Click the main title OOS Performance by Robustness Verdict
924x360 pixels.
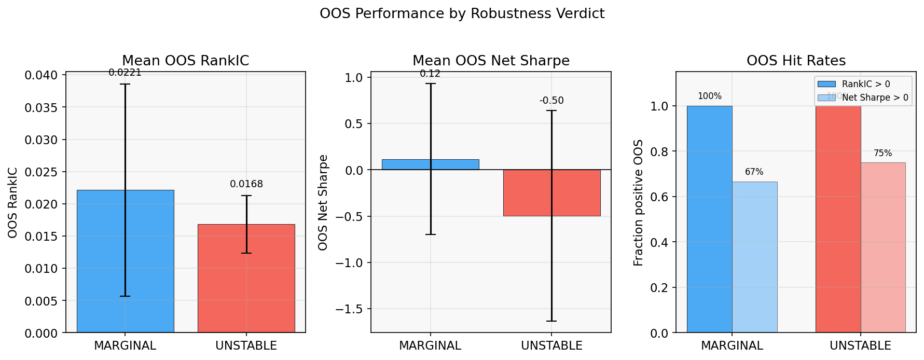point(462,13)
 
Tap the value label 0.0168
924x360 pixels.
point(246,184)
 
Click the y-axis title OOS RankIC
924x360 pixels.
point(13,203)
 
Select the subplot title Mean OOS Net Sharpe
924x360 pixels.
point(491,61)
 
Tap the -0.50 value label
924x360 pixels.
point(551,101)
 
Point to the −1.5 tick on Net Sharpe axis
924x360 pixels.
point(350,309)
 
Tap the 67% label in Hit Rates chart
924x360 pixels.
point(754,172)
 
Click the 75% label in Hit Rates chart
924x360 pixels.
point(882,154)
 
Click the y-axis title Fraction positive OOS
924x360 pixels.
point(639,203)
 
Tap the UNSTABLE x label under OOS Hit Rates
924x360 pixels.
point(860,346)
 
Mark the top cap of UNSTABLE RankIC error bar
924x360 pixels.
point(246,196)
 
